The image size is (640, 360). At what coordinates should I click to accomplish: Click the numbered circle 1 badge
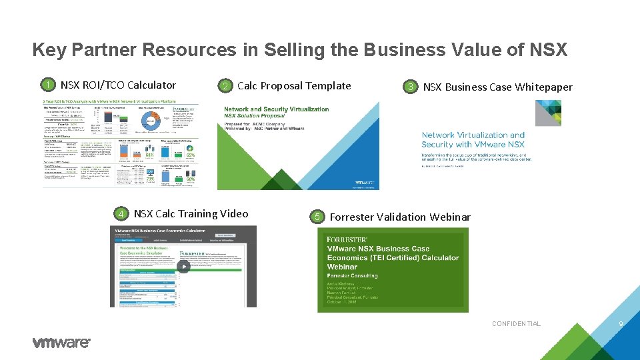point(47,85)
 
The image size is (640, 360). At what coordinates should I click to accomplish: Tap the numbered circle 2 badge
point(226,86)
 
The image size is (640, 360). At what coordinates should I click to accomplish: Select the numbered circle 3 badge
point(411,87)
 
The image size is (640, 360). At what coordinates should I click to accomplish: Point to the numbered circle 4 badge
point(121,214)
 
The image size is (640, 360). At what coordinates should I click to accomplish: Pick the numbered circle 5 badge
point(318,217)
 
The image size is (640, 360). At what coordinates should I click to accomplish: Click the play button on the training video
point(183,266)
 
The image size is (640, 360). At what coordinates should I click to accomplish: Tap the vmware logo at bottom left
point(61,342)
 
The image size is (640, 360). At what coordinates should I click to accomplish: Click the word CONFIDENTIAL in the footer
point(516,324)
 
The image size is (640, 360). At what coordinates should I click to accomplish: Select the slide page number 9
point(621,324)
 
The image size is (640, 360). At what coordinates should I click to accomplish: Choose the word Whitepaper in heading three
point(544,87)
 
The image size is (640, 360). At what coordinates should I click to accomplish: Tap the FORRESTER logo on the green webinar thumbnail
point(347,239)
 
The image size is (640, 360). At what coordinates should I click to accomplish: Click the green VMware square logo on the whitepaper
point(548,113)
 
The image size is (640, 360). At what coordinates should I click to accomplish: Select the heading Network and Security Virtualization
point(276,109)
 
